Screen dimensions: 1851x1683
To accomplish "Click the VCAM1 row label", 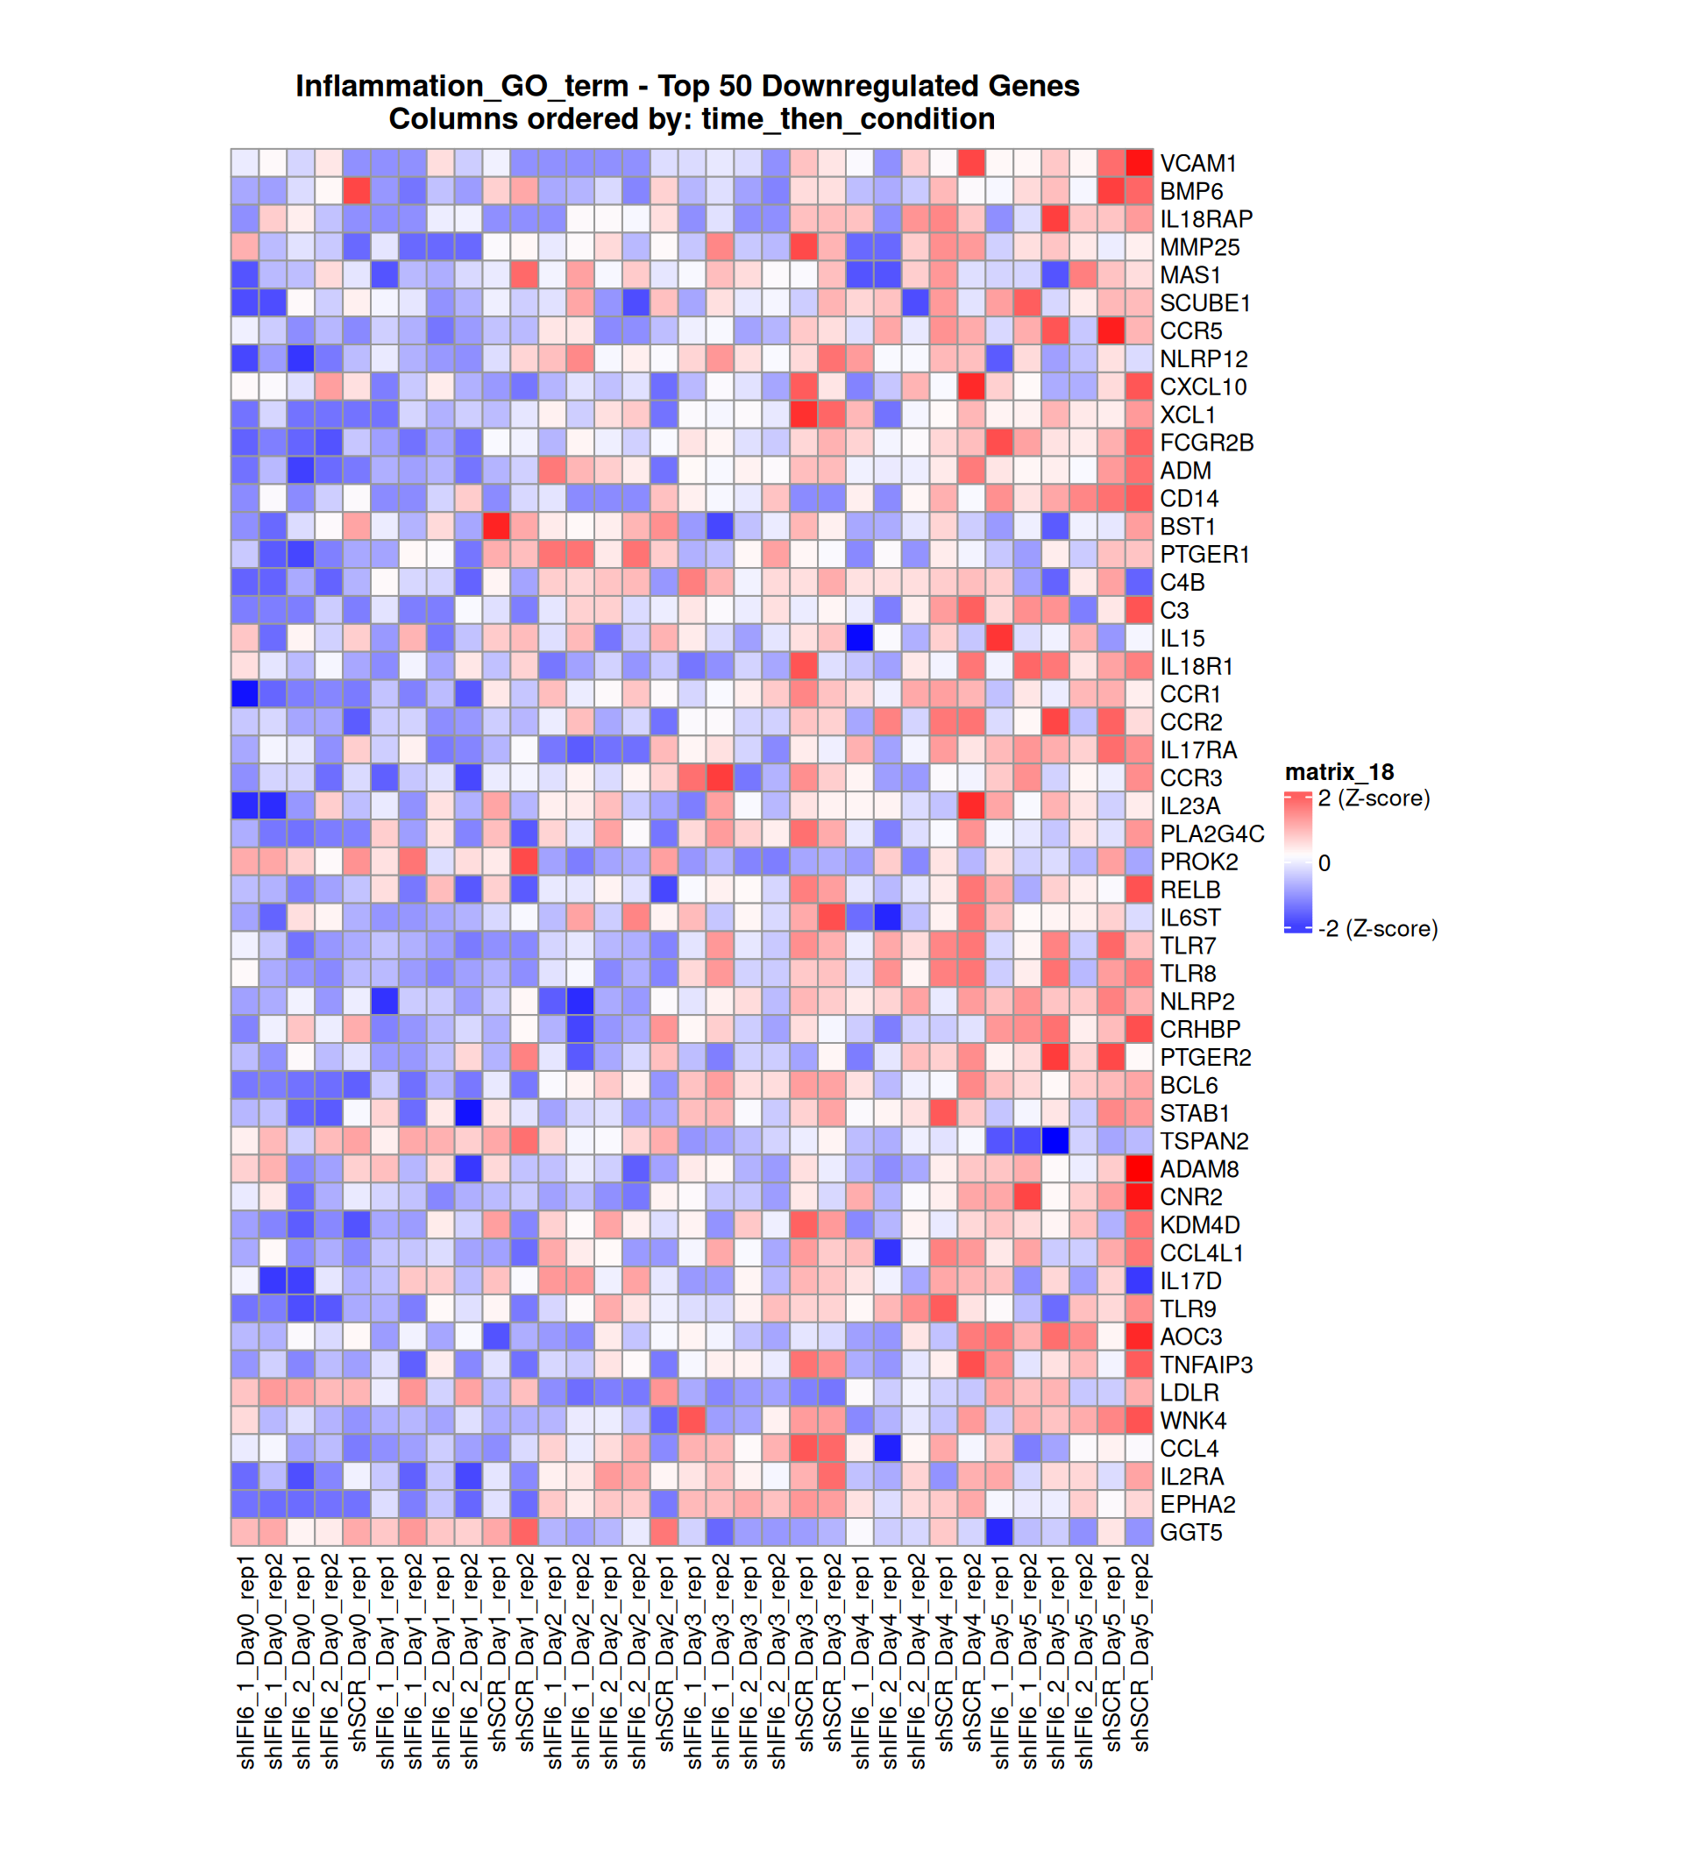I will coord(1197,163).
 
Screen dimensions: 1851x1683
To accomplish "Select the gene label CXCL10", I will coord(1203,387).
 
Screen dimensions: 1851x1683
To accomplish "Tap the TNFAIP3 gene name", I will coord(1205,1365).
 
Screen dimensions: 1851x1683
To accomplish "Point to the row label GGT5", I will coord(1191,1532).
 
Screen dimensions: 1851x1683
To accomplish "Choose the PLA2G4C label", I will coord(1212,833).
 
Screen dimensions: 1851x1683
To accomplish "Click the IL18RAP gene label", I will coord(1205,219).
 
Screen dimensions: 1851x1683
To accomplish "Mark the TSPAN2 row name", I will coord(1204,1141).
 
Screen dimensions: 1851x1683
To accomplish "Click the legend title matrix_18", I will coord(1339,772).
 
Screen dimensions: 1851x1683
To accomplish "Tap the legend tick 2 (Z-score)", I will coord(1374,798).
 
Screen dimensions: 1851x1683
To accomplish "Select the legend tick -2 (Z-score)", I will coord(1377,928).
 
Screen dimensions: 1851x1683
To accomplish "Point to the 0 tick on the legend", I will coord(1324,863).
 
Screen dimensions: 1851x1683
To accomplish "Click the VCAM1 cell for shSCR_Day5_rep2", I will coord(1140,162).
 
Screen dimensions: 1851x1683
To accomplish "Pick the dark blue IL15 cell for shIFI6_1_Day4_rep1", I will coord(860,638).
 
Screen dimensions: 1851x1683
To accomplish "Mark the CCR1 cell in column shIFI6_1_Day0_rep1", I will coord(245,694).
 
